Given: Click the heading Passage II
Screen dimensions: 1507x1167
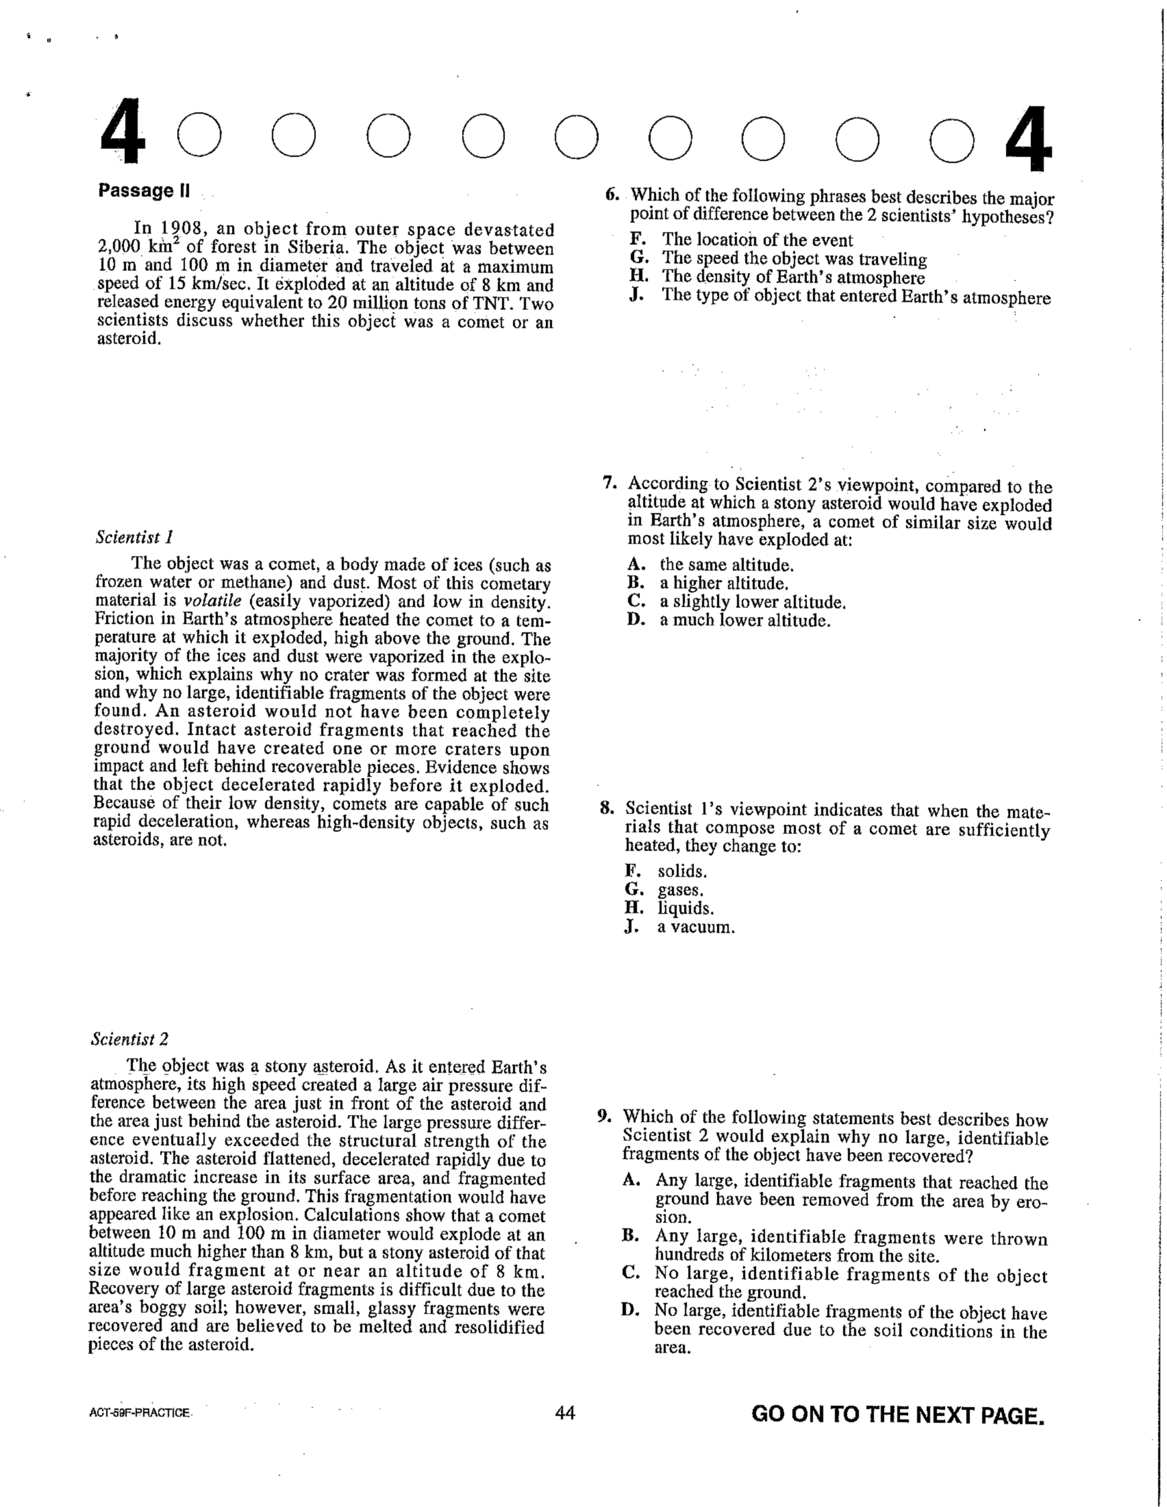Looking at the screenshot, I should click(144, 191).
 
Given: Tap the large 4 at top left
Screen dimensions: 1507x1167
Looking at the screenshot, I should click(124, 132).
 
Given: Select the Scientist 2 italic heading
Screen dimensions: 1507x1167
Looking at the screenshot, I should click(129, 1039).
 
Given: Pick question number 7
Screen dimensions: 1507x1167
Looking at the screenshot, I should click(609, 483).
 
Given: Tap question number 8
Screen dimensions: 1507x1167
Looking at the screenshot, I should click(607, 809).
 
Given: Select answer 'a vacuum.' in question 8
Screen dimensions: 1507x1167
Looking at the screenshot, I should click(695, 927).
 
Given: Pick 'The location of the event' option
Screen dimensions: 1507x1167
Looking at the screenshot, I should click(757, 240).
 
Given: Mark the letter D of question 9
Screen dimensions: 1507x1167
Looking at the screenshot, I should click(630, 1310).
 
